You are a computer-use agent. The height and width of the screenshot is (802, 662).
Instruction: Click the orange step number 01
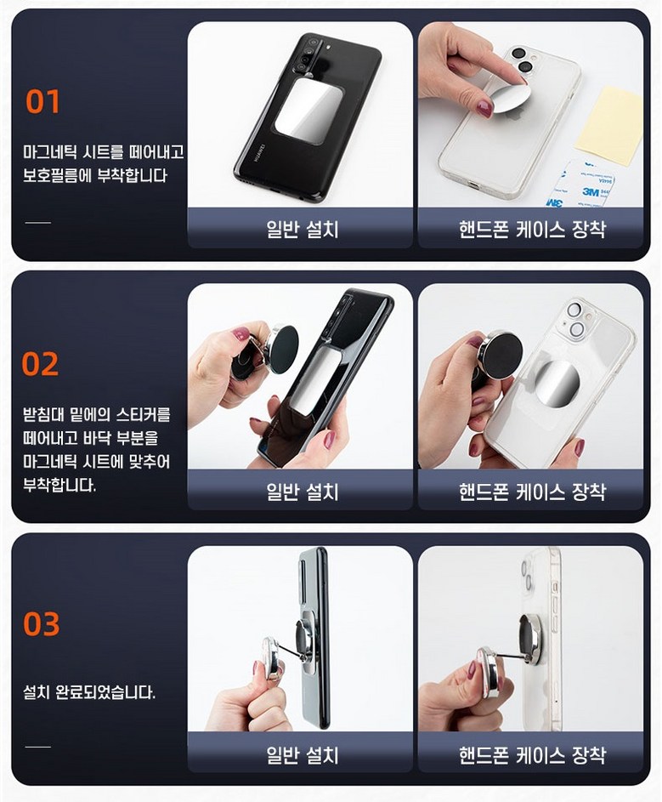coord(43,101)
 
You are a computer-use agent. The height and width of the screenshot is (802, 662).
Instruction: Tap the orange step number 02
coord(41,364)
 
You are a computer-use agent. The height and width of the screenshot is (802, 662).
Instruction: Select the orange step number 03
coord(42,624)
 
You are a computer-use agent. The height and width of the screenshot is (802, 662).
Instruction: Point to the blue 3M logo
coord(591,192)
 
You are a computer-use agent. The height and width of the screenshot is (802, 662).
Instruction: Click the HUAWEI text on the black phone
coord(260,153)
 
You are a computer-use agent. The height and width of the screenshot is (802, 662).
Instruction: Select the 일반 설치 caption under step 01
coord(303,229)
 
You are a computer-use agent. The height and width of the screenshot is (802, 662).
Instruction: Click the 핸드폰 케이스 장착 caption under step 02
coord(532,492)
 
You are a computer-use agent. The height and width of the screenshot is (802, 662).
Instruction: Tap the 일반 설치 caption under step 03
coord(303,754)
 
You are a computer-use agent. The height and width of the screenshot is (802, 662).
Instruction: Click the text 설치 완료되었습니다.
coord(89,692)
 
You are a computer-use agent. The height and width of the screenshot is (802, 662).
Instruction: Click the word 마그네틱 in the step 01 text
coord(49,152)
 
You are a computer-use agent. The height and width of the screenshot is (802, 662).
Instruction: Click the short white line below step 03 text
coord(38,747)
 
